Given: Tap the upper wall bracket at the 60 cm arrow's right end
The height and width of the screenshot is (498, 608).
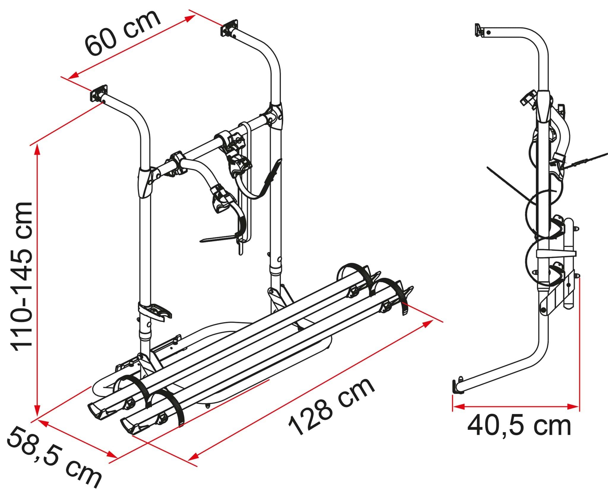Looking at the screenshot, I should (229, 28).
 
